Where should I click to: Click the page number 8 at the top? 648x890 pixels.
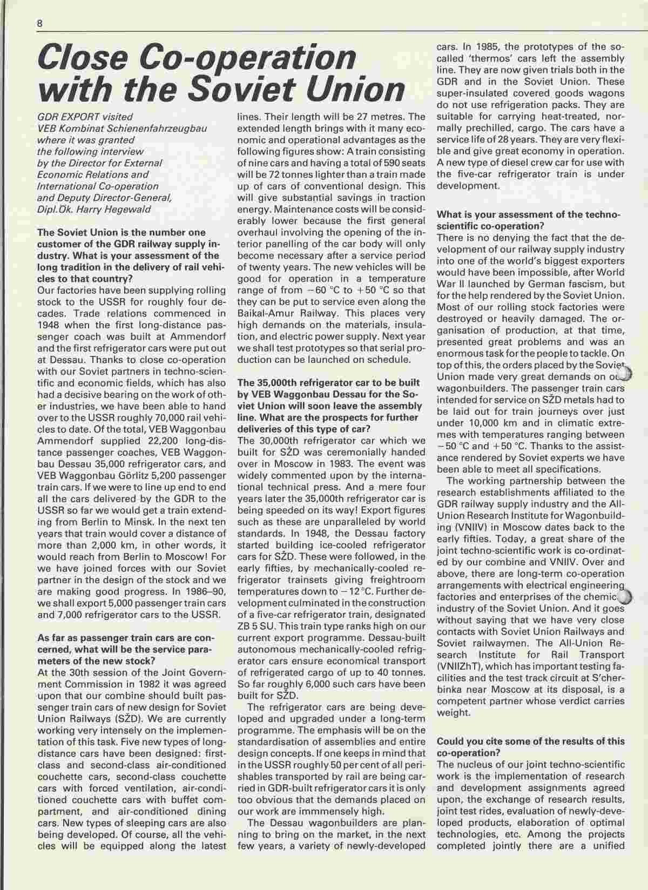[x=40, y=23]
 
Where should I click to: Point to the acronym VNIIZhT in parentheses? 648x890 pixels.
[x=461, y=667]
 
